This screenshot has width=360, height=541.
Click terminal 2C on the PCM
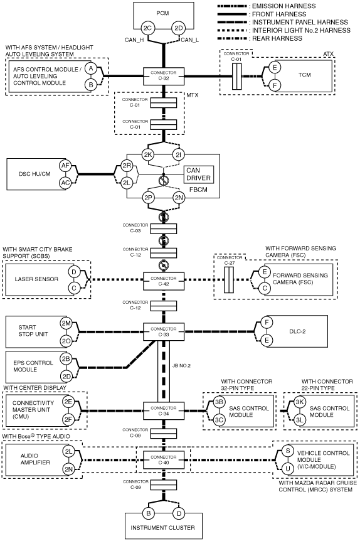click(x=147, y=28)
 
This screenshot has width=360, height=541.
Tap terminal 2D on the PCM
click(x=178, y=28)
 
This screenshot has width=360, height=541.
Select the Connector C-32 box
click(x=164, y=76)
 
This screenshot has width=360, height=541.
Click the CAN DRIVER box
click(x=198, y=174)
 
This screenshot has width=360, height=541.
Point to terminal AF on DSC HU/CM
click(x=65, y=166)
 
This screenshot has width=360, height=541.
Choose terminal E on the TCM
click(x=275, y=67)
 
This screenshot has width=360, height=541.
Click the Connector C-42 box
click(x=164, y=281)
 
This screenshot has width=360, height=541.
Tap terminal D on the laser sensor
click(x=74, y=272)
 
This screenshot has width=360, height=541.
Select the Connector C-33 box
click(x=164, y=331)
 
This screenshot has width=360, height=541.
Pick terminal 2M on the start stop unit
click(x=66, y=324)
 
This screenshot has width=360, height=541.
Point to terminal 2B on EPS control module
click(x=66, y=359)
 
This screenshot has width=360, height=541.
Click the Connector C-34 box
click(x=164, y=410)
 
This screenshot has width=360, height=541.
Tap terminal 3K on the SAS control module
click(x=300, y=402)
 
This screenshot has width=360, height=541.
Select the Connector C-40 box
click(x=164, y=460)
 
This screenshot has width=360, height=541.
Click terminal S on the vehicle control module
click(x=288, y=451)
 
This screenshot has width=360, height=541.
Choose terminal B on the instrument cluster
click(x=148, y=513)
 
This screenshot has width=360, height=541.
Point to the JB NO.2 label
click(x=181, y=366)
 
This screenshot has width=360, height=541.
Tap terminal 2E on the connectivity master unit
click(x=68, y=402)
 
